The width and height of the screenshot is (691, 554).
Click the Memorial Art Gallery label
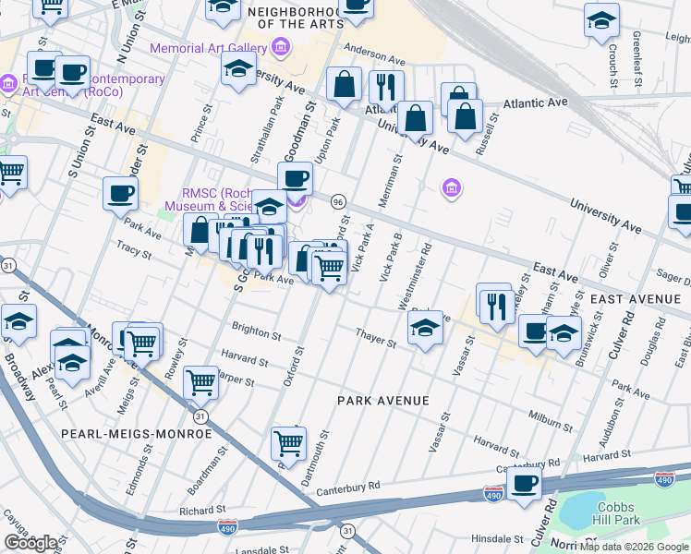(x=208, y=47)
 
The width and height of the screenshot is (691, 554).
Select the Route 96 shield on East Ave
(x=338, y=201)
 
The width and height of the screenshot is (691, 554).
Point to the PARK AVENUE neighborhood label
(x=382, y=401)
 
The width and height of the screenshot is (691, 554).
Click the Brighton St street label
(x=256, y=331)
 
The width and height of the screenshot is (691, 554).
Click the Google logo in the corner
(x=31, y=542)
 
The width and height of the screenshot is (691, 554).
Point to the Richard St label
(x=203, y=510)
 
